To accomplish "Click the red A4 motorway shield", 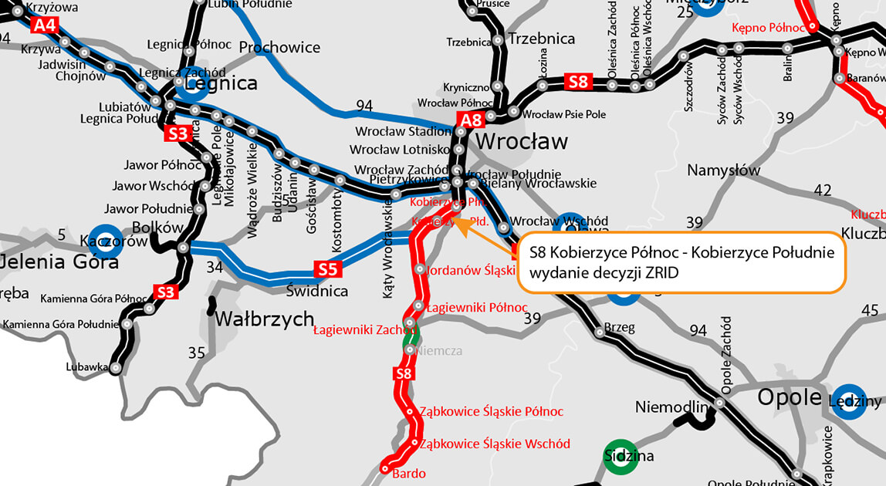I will click(45, 25).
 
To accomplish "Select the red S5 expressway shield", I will click(327, 269).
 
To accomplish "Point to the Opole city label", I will click(789, 397).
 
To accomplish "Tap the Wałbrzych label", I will click(265, 319).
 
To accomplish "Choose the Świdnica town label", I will click(316, 292).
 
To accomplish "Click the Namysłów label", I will click(723, 170).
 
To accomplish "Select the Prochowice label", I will click(279, 47).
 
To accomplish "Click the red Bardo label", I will click(409, 473).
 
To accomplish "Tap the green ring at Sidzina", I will click(621, 456).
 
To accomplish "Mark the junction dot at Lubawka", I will click(115, 369).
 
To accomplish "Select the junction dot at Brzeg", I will click(600, 333).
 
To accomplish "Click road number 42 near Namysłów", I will click(823, 191).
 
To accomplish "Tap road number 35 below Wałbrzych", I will click(197, 353).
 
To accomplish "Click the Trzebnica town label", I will click(542, 39).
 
